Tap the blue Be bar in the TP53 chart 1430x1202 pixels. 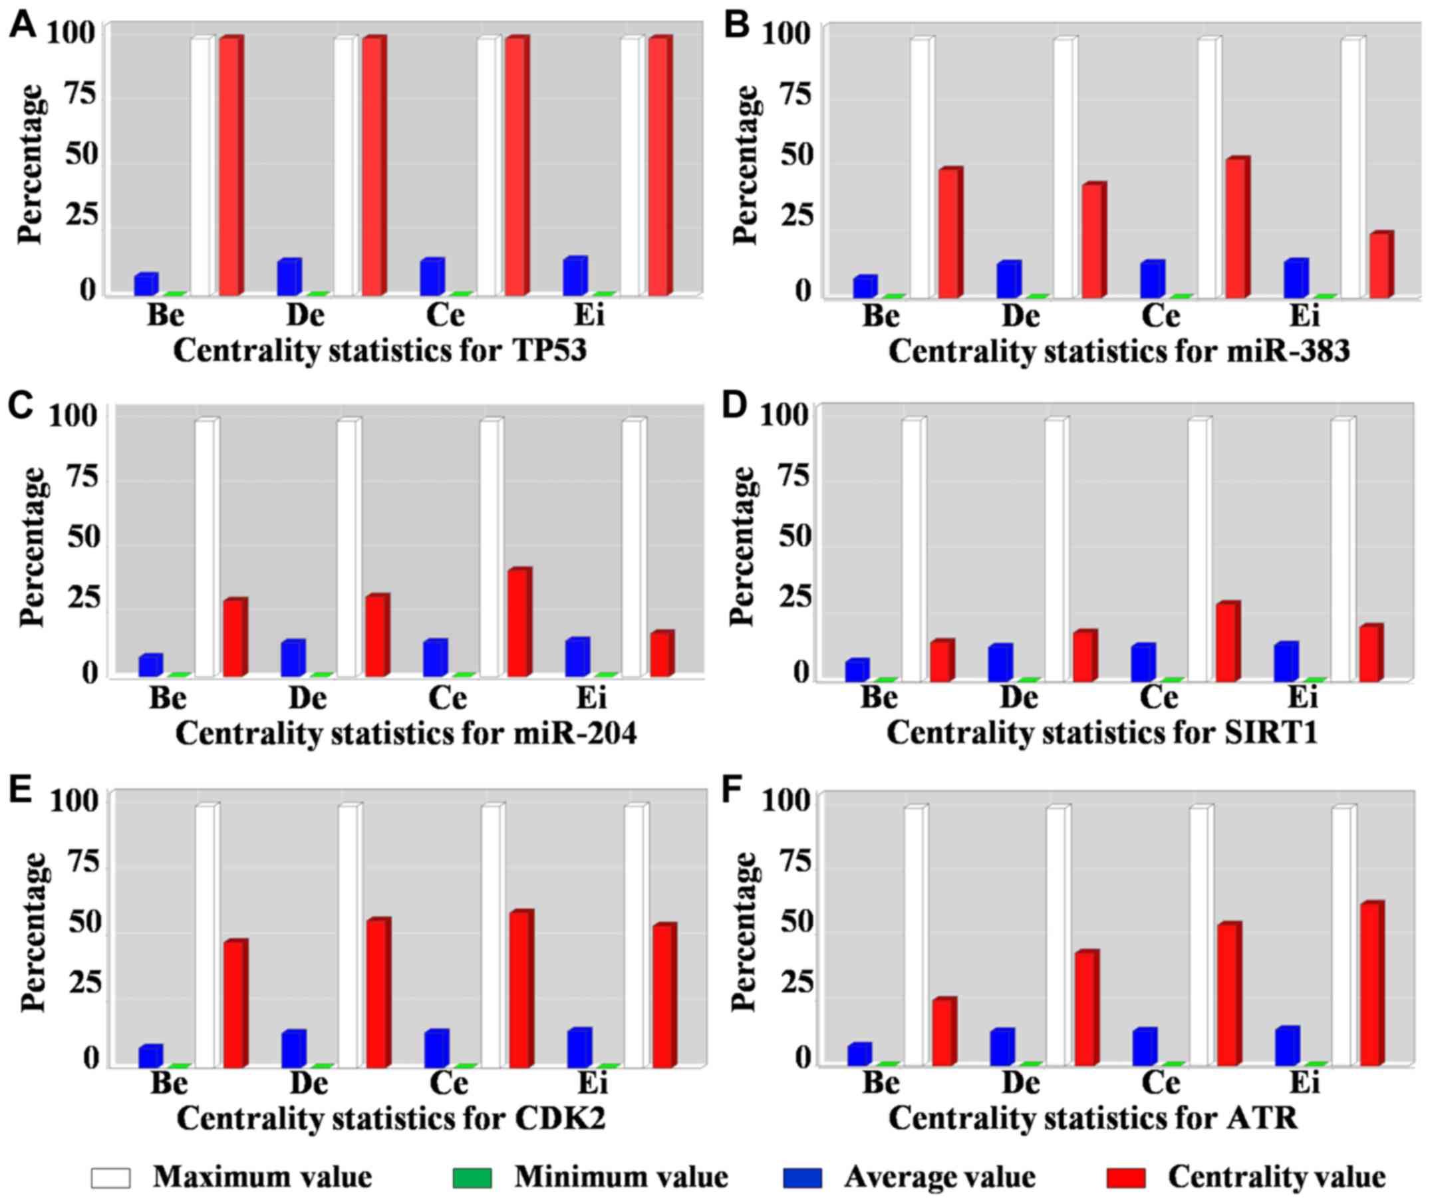(146, 285)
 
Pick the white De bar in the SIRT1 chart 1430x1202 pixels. (1056, 549)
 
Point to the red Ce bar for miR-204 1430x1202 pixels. (517, 623)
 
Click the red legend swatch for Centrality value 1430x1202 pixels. (1126, 1177)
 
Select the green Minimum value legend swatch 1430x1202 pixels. (472, 1177)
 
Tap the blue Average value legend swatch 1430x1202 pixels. (802, 1177)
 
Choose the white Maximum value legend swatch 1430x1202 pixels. (110, 1177)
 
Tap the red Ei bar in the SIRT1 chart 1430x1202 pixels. (1370, 653)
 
